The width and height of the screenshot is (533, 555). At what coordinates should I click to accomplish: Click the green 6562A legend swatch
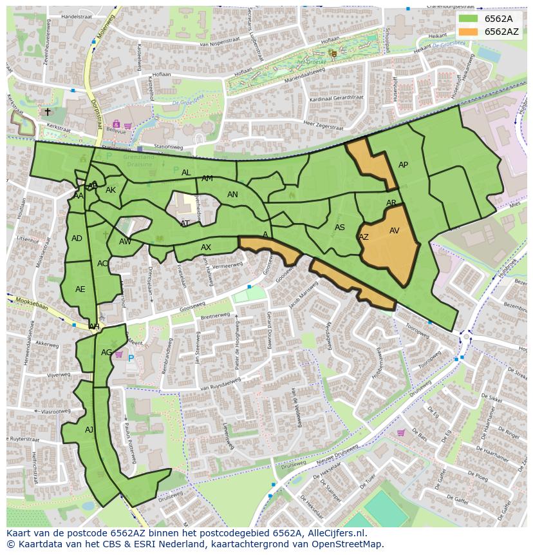(x=468, y=19)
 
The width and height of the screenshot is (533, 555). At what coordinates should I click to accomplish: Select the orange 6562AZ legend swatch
(x=468, y=32)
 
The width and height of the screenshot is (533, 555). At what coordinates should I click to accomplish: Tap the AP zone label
(x=403, y=165)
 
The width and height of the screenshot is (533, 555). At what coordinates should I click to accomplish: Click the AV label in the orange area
(x=395, y=231)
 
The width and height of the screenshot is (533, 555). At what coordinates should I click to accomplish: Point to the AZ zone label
(x=364, y=237)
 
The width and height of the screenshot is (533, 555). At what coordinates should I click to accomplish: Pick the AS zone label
(x=340, y=228)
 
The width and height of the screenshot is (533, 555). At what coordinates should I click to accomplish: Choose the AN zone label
(x=232, y=195)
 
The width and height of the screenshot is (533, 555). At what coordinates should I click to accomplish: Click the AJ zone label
(x=89, y=429)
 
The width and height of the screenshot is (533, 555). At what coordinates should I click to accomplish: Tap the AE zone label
(x=80, y=289)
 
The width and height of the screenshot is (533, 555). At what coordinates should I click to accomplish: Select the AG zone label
(x=106, y=353)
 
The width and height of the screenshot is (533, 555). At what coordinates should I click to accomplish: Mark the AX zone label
(x=206, y=248)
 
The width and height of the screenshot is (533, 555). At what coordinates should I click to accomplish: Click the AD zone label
(x=77, y=239)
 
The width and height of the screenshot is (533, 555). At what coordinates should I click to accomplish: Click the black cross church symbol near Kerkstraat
(x=48, y=112)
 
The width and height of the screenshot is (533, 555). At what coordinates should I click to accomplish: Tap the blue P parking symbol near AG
(x=131, y=358)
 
